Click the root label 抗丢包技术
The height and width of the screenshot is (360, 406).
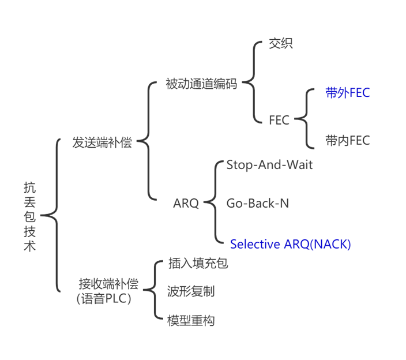[29, 216]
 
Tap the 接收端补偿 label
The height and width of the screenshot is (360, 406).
[108, 284]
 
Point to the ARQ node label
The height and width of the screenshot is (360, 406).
[186, 203]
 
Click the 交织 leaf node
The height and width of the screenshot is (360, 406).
[281, 43]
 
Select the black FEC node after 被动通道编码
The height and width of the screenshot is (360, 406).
[279, 121]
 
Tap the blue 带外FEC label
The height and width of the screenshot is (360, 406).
[347, 93]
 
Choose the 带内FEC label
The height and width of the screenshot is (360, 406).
[347, 140]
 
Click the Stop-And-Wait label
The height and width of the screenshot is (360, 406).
[269, 165]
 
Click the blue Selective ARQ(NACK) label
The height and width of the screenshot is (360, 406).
[290, 244]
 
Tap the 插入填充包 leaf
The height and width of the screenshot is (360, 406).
[198, 264]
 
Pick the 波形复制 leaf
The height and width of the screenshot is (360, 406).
[191, 291]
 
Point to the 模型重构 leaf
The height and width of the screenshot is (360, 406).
[191, 320]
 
